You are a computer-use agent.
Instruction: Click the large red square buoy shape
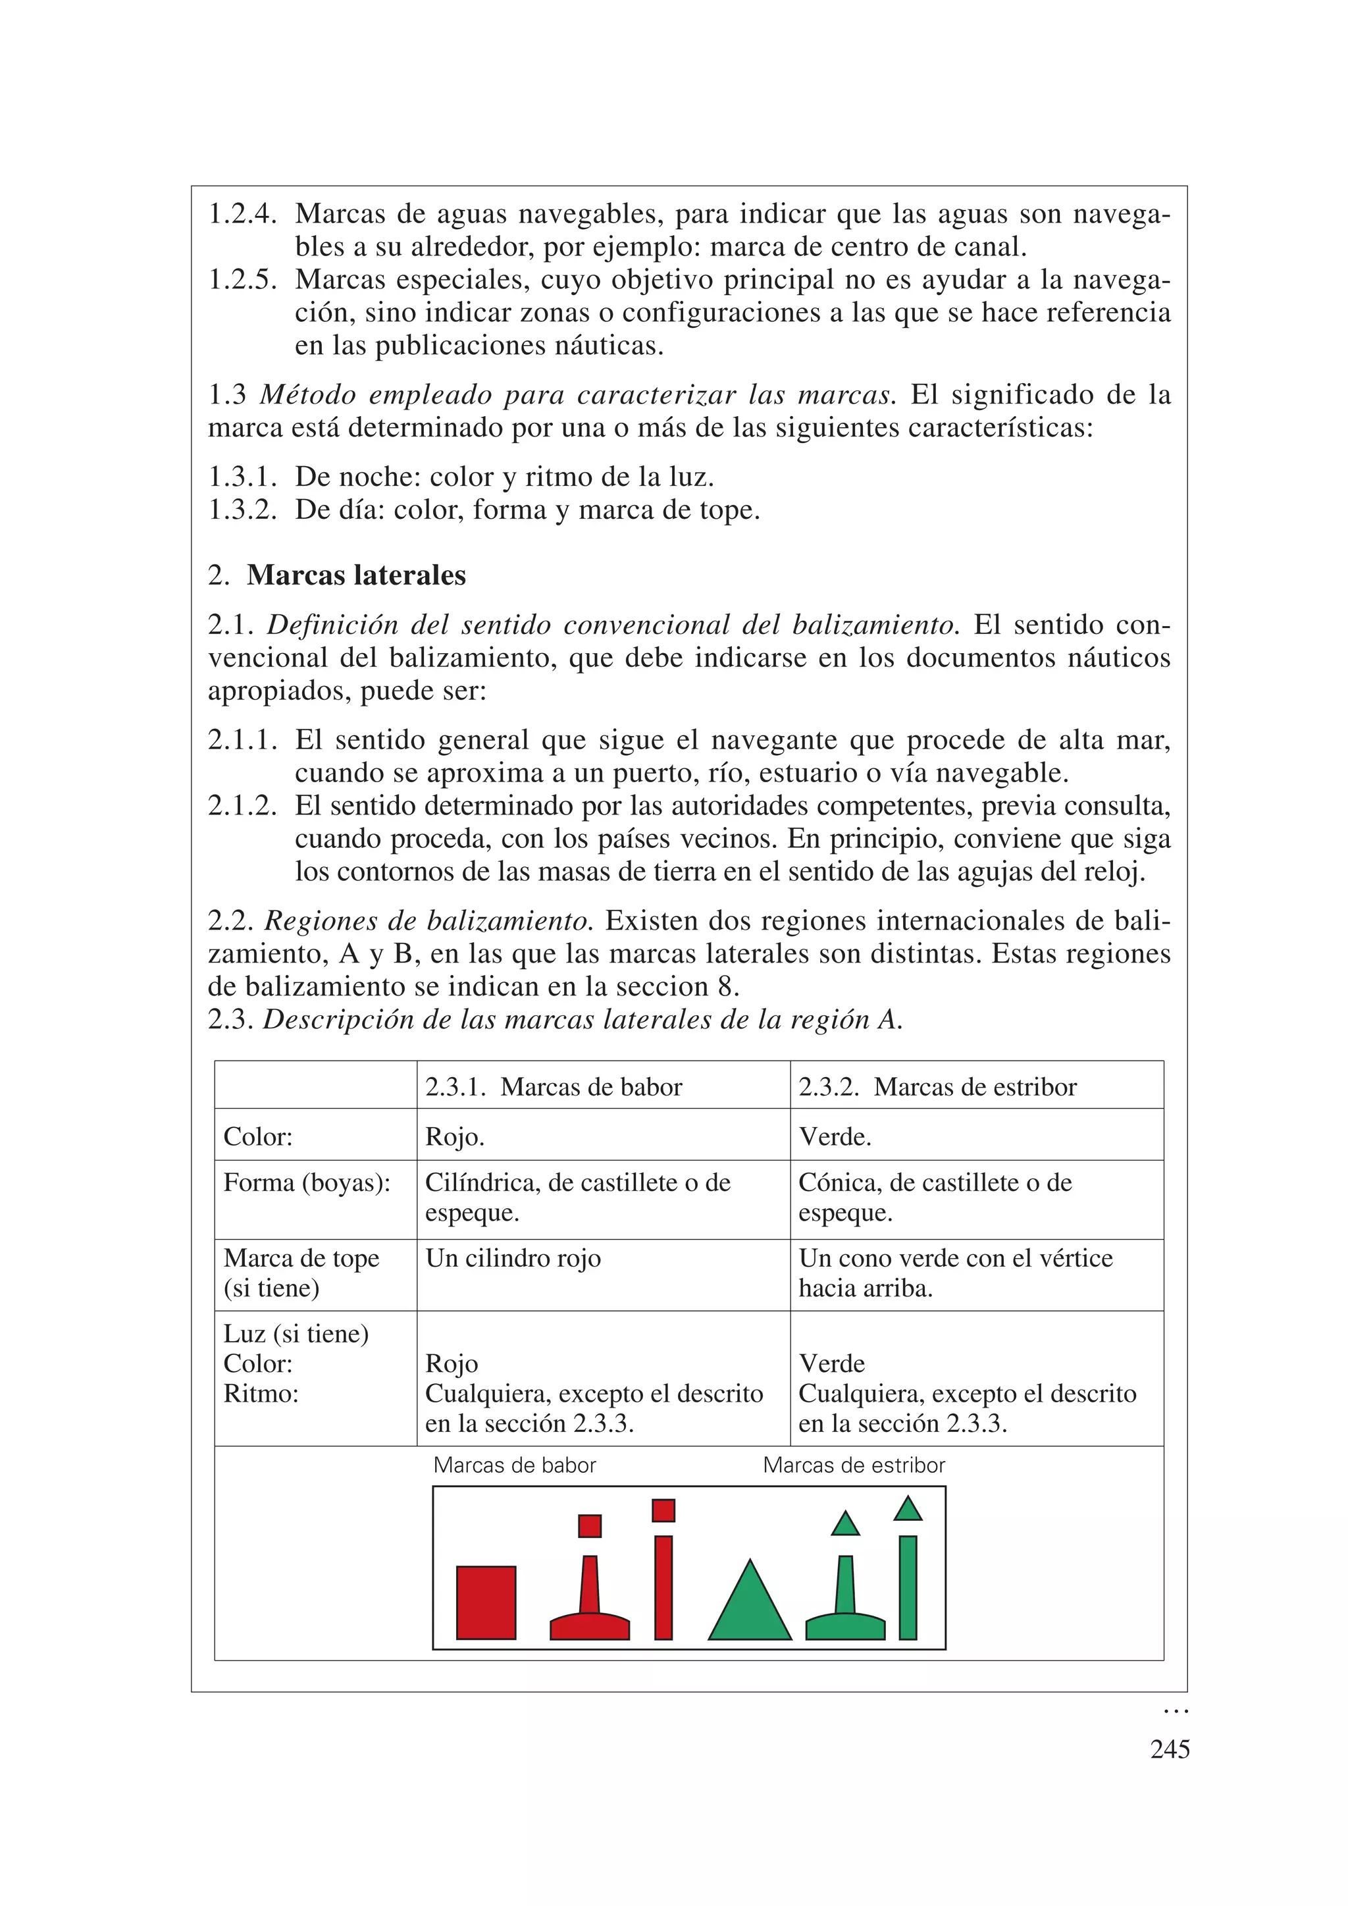pos(486,1602)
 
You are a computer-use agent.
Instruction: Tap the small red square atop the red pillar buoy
pos(589,1526)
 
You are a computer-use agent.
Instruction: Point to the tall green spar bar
pos(908,1587)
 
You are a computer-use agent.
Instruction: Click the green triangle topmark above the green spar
pos(908,1509)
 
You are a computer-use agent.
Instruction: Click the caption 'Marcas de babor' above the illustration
pos(515,1465)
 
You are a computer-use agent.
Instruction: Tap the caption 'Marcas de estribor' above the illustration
pos(853,1465)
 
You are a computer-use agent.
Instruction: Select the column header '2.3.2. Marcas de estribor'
pos(937,1087)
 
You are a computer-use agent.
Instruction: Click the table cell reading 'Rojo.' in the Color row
pos(455,1136)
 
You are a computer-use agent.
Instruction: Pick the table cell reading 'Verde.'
pos(835,1136)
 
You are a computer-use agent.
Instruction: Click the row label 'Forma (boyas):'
pos(306,1182)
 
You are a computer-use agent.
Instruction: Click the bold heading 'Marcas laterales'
pos(356,575)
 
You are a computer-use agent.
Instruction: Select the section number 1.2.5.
pos(242,280)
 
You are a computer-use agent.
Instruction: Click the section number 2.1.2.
pos(242,805)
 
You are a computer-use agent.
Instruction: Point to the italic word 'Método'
pos(308,394)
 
